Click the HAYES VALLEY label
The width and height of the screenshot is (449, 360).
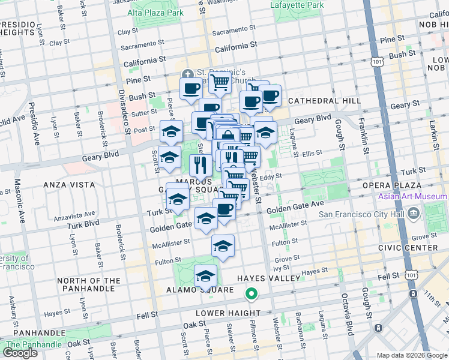[x=268, y=278]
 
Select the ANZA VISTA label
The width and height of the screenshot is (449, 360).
[x=67, y=185]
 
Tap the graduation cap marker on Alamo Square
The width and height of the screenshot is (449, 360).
[x=205, y=276]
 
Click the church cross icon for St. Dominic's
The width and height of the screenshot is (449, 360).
[x=188, y=74]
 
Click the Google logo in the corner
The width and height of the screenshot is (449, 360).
[x=20, y=352]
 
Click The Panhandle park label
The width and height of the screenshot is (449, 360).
[x=33, y=344]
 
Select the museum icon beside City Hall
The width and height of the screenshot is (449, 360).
[x=413, y=214]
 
